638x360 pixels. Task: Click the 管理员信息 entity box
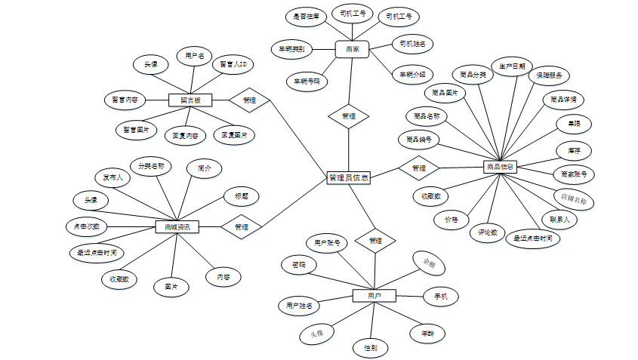(348, 178)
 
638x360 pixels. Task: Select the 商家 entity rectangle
(352, 50)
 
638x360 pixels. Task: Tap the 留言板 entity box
(190, 100)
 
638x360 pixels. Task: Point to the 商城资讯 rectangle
(177, 226)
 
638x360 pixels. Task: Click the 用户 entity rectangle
(374, 295)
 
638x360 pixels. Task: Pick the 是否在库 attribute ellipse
(306, 16)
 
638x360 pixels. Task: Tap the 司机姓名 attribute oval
(414, 44)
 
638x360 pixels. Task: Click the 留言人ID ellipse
(231, 65)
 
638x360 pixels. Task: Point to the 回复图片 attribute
(234, 135)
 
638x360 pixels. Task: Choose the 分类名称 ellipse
(152, 165)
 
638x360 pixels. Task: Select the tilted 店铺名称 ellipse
(574, 199)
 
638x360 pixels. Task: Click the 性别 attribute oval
(371, 348)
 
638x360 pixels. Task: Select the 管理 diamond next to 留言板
(249, 100)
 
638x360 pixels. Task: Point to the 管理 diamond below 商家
(348, 116)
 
